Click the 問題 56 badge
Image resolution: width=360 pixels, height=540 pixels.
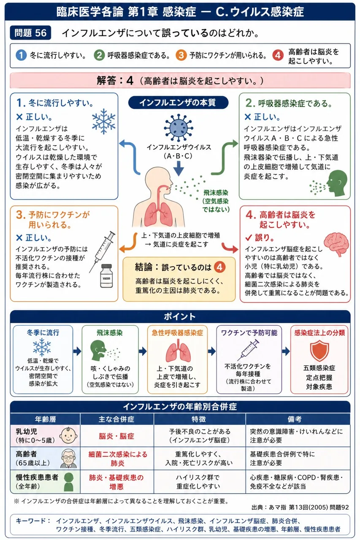(x=30, y=32)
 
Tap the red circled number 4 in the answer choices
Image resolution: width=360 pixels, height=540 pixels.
(x=278, y=55)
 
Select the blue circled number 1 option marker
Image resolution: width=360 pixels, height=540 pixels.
(x=21, y=55)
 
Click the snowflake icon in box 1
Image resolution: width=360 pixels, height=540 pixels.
(x=104, y=121)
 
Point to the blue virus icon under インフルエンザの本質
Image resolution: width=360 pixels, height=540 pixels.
(x=179, y=128)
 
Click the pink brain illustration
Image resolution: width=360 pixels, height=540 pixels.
(x=336, y=244)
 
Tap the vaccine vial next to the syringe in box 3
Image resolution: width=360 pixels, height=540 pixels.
(x=106, y=276)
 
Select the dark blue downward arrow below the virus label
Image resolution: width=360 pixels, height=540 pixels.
(x=179, y=168)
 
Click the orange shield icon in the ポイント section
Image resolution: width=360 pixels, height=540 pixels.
(x=319, y=351)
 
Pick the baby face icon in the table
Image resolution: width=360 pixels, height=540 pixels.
(x=68, y=435)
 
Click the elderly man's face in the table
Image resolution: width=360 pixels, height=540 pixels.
(x=69, y=458)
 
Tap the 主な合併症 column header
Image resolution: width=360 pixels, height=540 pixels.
(x=116, y=419)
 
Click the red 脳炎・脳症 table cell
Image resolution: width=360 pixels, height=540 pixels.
(x=116, y=436)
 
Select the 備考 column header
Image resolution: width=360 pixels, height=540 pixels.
(x=295, y=419)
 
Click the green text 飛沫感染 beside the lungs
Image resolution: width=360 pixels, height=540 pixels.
(x=216, y=192)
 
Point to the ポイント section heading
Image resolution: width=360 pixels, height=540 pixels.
(x=180, y=316)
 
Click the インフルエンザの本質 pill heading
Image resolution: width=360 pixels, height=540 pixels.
(x=178, y=103)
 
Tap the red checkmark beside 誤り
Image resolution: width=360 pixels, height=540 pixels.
(x=249, y=238)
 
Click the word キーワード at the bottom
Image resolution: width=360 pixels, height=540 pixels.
(x=31, y=521)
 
